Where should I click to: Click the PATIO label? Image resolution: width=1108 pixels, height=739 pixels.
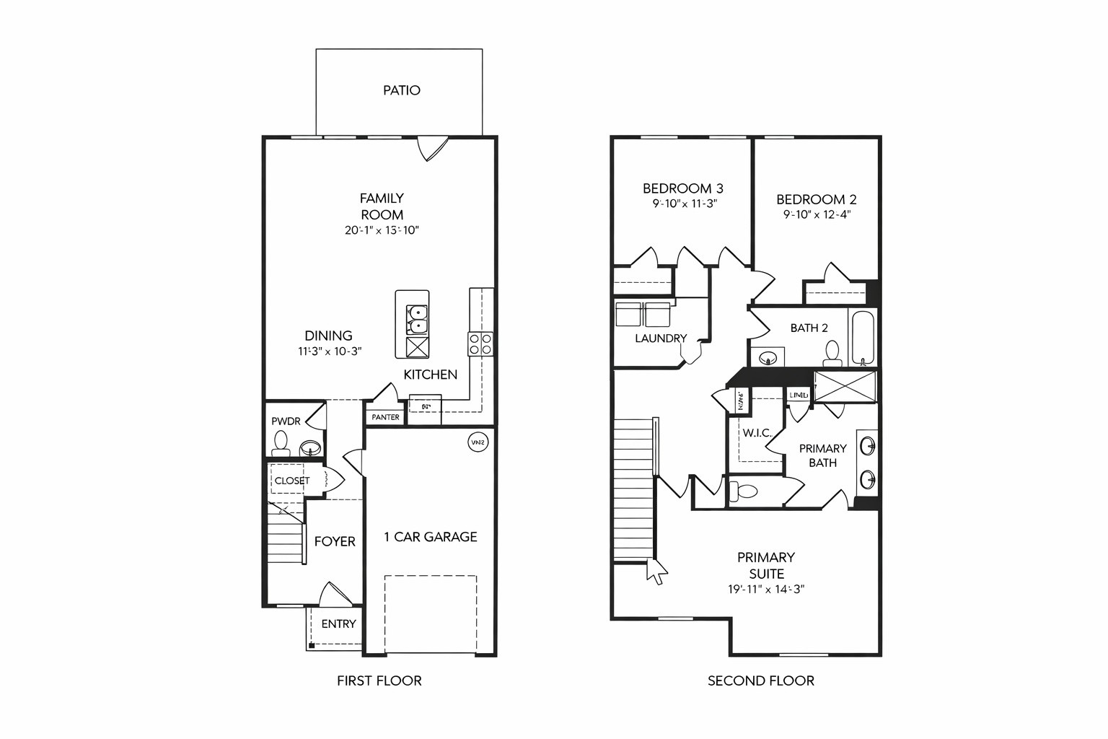(401, 90)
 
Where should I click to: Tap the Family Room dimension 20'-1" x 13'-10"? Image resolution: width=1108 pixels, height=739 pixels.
(382, 230)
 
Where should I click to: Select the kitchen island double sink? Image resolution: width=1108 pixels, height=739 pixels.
(417, 319)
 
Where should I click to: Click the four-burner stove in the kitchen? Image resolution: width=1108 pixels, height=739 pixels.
(480, 344)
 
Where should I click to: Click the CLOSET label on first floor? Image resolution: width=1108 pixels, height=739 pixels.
(291, 481)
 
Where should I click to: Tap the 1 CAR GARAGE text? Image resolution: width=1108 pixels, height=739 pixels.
(430, 536)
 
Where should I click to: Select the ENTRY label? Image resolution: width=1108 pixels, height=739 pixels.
(338, 624)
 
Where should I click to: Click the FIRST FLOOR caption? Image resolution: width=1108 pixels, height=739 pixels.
(379, 680)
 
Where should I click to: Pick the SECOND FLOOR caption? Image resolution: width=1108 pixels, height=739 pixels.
(760, 680)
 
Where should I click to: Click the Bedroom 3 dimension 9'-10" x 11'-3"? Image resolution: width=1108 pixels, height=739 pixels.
(684, 204)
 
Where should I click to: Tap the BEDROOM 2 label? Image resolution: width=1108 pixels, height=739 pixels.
(816, 199)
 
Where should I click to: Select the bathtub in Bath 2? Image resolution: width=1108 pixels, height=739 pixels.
(863, 338)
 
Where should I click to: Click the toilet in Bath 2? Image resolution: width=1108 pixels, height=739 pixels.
(832, 353)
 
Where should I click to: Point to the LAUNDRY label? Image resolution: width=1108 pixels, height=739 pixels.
(660, 338)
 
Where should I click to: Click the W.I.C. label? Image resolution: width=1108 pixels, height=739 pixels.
(757, 433)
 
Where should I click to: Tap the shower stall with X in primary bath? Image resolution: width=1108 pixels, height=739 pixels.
(845, 387)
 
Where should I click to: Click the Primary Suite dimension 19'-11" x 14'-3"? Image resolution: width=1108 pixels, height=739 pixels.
(765, 589)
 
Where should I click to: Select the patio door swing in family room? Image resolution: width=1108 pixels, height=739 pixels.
(431, 148)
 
